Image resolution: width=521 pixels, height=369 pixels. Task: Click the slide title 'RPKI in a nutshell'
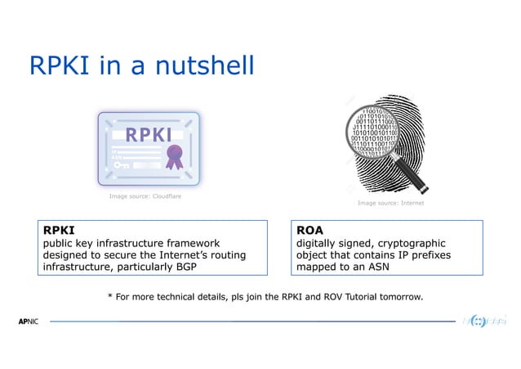(x=141, y=66)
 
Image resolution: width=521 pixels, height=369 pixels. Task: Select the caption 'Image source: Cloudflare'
(x=145, y=197)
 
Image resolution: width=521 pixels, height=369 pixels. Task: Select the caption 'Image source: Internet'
(x=390, y=202)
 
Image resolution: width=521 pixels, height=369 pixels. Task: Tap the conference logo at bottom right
(x=483, y=321)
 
